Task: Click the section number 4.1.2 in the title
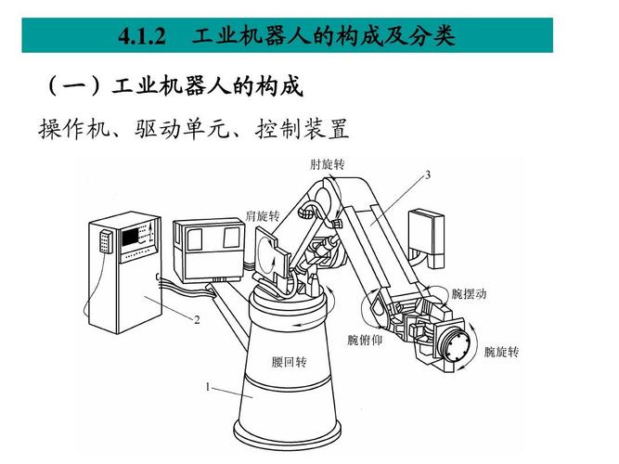pos(141,37)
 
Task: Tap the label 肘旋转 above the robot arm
pos(328,164)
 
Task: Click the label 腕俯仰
pos(365,339)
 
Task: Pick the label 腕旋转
pos(501,353)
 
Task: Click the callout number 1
pos(208,387)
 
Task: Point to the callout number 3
pos(427,174)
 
